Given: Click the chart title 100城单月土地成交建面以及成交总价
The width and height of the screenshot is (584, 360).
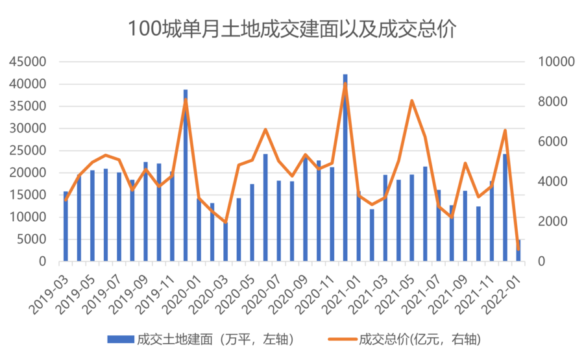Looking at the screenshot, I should [x=292, y=29].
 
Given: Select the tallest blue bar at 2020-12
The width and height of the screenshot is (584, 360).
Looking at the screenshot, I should [x=345, y=169].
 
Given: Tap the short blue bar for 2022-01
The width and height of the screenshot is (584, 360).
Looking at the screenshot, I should [x=518, y=252].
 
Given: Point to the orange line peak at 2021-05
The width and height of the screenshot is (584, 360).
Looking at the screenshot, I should [x=412, y=101].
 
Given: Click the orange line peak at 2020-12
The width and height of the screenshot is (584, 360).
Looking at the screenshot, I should [x=345, y=84].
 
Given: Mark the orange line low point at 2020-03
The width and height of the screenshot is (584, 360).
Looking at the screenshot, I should [x=225, y=222].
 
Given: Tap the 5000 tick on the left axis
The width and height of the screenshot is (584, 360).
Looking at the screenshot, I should [x=33, y=239].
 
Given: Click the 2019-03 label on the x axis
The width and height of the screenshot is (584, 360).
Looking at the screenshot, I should [x=51, y=286].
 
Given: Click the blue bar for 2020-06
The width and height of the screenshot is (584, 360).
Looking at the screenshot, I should [x=265, y=208].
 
